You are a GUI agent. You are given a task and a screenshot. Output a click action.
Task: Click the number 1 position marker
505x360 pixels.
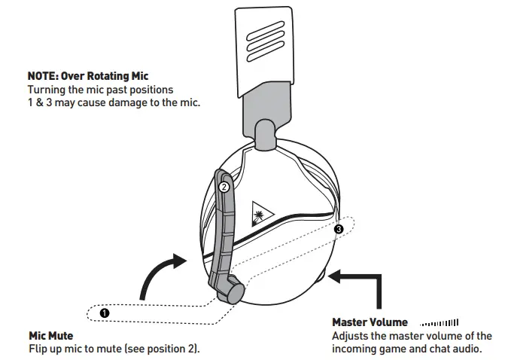point(105,310)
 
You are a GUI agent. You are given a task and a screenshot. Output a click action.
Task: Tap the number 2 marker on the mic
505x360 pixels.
point(223,185)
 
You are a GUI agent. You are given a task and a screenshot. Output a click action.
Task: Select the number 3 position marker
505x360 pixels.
point(339,228)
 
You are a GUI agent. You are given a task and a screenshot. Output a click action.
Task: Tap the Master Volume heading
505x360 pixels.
point(370,322)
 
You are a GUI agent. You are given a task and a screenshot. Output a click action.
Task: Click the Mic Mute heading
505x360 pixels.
point(51,335)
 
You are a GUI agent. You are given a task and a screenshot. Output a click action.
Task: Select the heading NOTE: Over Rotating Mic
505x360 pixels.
point(87,76)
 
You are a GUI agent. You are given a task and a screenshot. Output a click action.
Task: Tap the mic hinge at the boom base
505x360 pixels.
point(235,288)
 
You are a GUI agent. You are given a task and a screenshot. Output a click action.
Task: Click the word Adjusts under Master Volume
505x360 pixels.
point(350,336)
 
